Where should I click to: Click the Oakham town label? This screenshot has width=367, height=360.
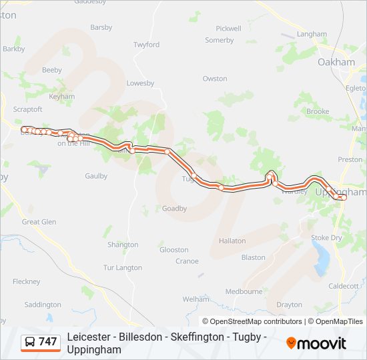point(336,62)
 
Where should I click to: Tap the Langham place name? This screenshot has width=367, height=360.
point(312,34)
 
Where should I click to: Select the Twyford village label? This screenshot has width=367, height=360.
point(146,45)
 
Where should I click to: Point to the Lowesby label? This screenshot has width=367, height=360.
point(140,83)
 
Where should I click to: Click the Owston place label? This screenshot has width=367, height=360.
point(215,79)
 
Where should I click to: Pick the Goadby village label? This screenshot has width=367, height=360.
point(174,209)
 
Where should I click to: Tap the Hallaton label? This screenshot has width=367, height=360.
point(232,241)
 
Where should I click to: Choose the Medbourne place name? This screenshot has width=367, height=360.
point(244,291)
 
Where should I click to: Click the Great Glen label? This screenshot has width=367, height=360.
point(39,222)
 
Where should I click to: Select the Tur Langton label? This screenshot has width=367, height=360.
point(123,268)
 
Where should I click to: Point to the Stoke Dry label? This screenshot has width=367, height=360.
point(326,237)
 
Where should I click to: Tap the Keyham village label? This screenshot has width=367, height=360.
point(62,97)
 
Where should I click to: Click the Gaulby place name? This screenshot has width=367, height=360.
point(96,176)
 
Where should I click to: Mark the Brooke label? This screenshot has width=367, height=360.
point(318,111)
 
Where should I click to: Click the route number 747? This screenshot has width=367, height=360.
point(48,342)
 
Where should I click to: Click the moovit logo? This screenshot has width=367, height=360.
point(316,343)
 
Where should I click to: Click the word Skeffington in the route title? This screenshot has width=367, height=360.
point(194,337)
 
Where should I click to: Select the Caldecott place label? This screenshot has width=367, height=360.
point(344,286)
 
